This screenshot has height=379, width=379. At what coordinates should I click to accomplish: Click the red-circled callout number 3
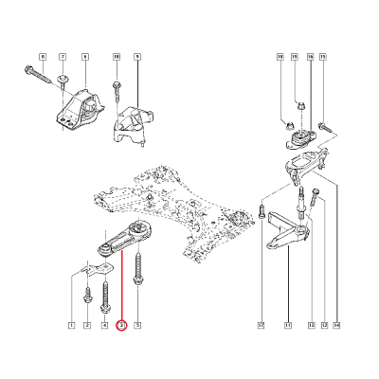(x=120, y=326)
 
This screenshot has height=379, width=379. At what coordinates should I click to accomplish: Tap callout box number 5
(x=138, y=326)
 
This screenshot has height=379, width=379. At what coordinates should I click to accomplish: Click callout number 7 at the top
(x=63, y=59)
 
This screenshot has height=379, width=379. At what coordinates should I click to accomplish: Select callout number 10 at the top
(x=117, y=59)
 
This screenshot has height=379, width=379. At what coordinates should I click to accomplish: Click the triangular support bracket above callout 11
(x=285, y=237)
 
